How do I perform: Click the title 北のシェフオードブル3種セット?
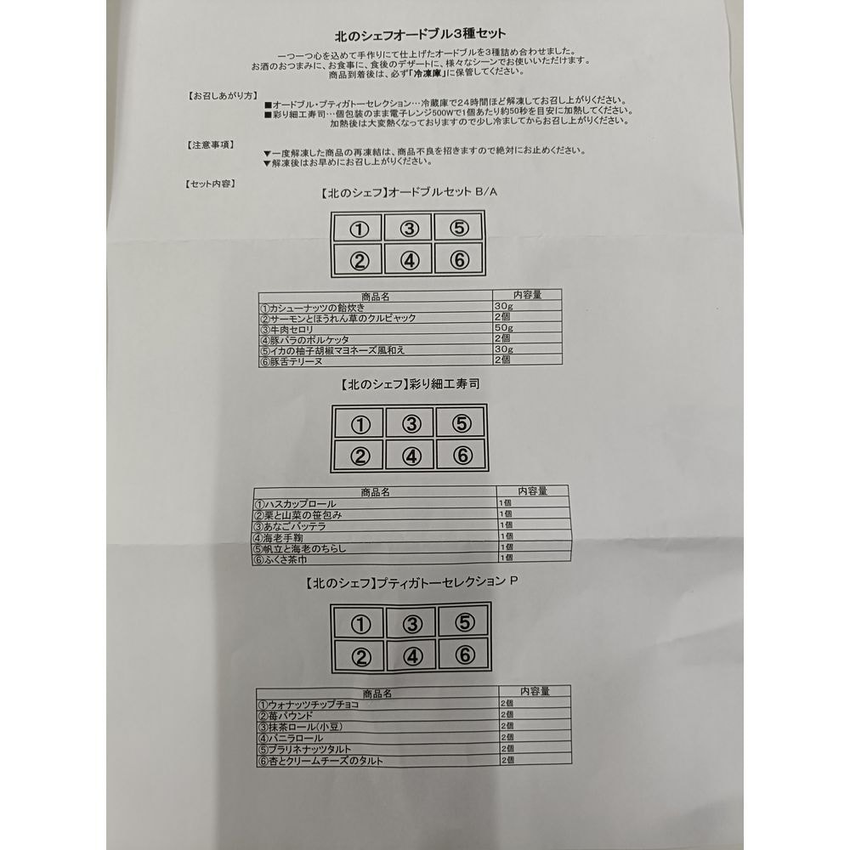point(420,35)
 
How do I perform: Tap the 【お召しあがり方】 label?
point(222,96)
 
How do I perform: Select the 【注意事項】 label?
point(210,144)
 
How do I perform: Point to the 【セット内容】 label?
point(210,184)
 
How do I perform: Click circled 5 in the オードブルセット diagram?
point(459,228)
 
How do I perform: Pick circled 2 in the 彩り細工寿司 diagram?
point(360,456)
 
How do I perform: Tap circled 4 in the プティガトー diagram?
point(412,657)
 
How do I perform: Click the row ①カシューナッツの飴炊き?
point(313,308)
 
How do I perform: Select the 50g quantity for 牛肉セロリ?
point(503,327)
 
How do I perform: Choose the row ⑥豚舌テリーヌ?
point(292,361)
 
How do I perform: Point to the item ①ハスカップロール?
point(296,503)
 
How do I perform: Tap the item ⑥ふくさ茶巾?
point(280,559)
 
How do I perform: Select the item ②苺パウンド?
point(286,716)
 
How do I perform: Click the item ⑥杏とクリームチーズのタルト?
point(320,761)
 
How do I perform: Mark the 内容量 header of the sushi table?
point(532,490)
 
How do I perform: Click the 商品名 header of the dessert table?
point(377,694)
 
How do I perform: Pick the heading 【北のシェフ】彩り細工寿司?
point(410,384)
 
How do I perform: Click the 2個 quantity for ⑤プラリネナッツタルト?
point(507,748)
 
